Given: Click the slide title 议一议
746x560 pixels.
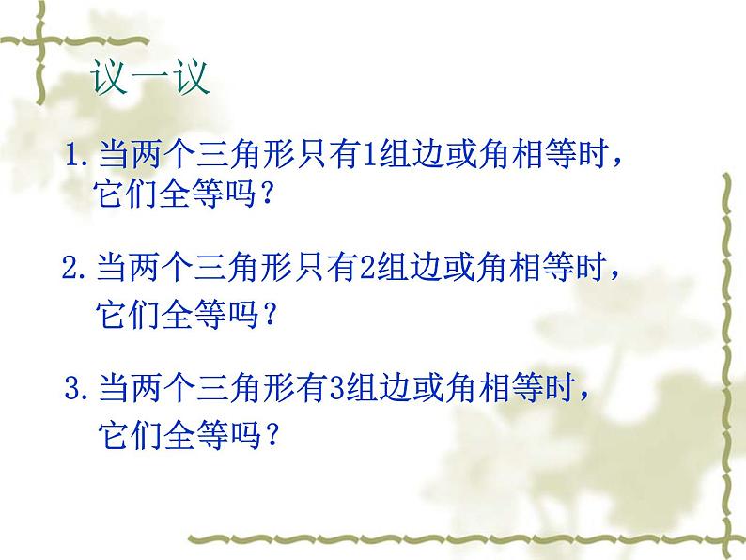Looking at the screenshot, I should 150,78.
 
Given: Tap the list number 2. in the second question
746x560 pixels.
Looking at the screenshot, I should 75,272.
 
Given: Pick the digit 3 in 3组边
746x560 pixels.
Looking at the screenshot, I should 339,386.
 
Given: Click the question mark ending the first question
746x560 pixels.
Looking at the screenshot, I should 268,196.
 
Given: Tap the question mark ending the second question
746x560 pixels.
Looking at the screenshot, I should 268,315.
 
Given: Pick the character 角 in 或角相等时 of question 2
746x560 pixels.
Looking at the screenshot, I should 489,271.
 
